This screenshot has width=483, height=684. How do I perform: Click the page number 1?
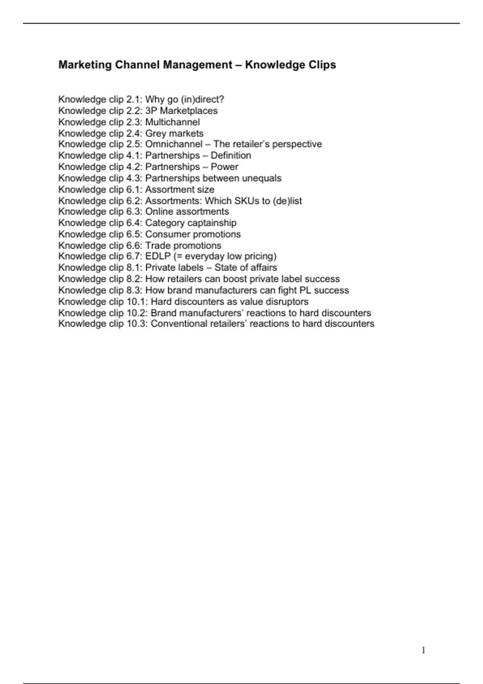pyautogui.click(x=423, y=651)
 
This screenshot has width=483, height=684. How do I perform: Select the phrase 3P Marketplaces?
pyautogui.click(x=181, y=111)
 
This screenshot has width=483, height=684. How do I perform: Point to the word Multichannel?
pyautogui.click(x=172, y=122)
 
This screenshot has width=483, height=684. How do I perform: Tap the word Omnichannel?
pyautogui.click(x=174, y=144)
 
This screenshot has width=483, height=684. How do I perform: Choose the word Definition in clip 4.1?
pyautogui.click(x=231, y=155)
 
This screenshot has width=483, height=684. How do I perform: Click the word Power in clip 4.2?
pyautogui.click(x=224, y=167)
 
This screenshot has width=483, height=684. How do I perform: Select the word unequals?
pyautogui.click(x=262, y=178)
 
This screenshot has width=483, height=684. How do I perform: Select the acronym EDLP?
pyautogui.click(x=158, y=256)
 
